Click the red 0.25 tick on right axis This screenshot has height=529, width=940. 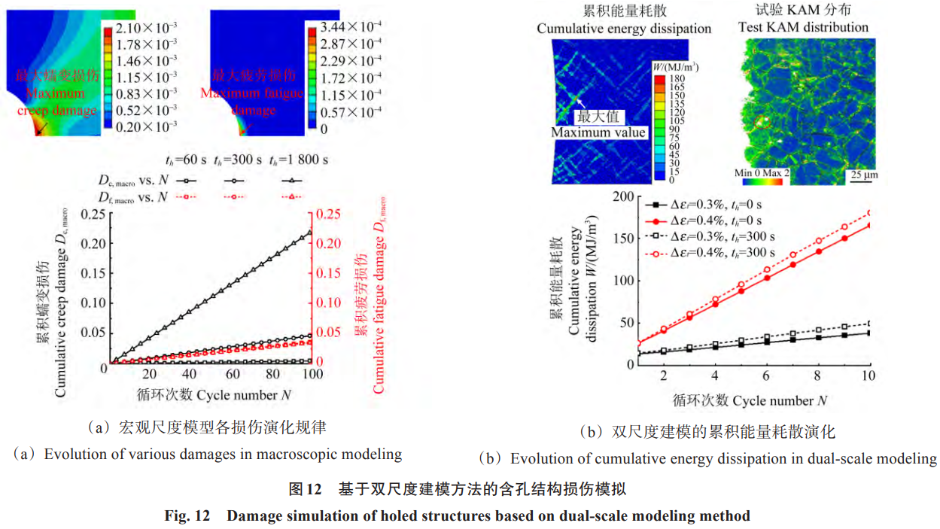coord(330,214)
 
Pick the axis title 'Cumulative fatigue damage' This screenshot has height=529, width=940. coord(379,301)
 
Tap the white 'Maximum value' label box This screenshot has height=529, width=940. coord(598,125)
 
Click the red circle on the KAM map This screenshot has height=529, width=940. coord(762,120)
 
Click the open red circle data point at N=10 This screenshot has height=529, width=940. coord(869,213)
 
